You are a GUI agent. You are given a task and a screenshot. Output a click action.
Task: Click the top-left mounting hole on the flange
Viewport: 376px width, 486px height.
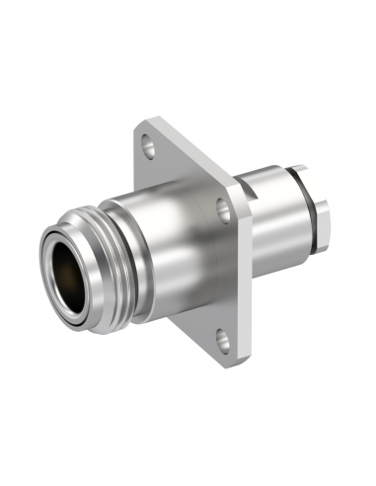coord(149,149)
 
